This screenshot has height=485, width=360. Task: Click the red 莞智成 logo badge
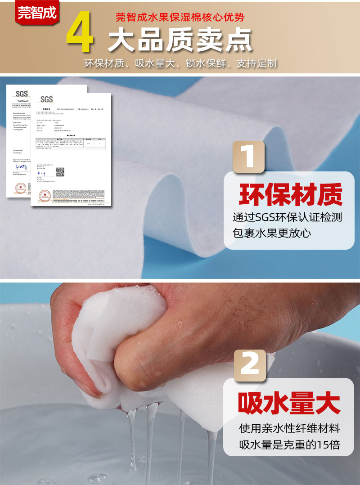pyautogui.click(x=37, y=12)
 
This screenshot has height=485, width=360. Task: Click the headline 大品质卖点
pyautogui.click(x=180, y=41)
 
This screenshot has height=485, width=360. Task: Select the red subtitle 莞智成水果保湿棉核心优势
pyautogui.click(x=180, y=18)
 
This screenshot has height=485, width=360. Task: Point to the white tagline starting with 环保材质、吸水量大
pyautogui.click(x=180, y=63)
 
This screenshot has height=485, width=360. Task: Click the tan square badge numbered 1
pyautogui.click(x=248, y=157)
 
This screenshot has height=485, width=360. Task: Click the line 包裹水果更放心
pyautogui.click(x=272, y=233)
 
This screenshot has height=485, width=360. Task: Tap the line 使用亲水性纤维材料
pyautogui.click(x=289, y=427)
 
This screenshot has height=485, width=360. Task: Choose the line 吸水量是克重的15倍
pyautogui.click(x=289, y=445)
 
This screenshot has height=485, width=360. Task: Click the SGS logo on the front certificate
pyautogui.click(x=46, y=99)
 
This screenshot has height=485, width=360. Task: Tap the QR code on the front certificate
pyautogui.click(x=60, y=172)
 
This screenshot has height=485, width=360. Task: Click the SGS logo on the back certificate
pyautogui.click(x=21, y=94)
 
